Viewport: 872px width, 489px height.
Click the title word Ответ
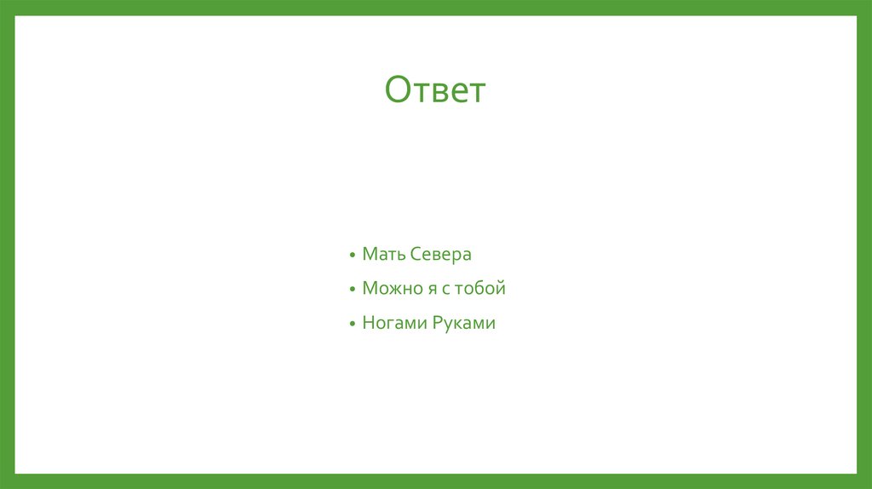pyautogui.click(x=434, y=89)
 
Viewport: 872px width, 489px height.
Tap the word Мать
pyautogui.click(x=383, y=254)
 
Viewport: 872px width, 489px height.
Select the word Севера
pyautogui.click(x=440, y=254)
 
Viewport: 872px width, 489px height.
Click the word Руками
pyautogui.click(x=463, y=324)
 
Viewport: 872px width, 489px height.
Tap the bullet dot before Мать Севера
pyautogui.click(x=352, y=256)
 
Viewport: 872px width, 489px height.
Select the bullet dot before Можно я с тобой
pyautogui.click(x=352, y=291)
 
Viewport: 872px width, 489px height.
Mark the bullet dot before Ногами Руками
pyautogui.click(x=352, y=325)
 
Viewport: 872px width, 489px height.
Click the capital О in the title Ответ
pyautogui.click(x=399, y=89)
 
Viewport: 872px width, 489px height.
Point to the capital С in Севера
pyautogui.click(x=415, y=254)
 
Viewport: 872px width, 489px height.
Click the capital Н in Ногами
pyautogui.click(x=368, y=324)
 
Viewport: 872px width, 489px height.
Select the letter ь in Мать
pyautogui.click(x=399, y=255)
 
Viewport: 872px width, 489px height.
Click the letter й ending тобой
pyautogui.click(x=501, y=289)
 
